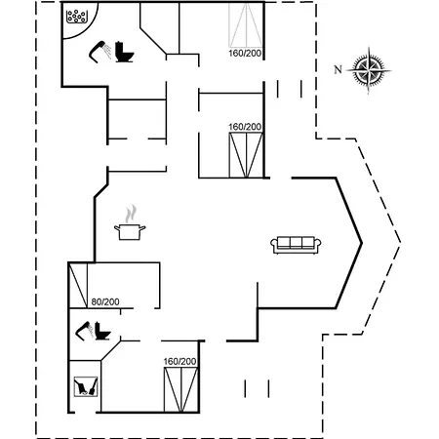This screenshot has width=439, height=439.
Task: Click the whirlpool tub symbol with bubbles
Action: tap(77, 17)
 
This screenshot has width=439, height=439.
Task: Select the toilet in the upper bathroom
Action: tap(124, 52)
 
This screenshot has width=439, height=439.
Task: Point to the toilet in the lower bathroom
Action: tap(102, 331)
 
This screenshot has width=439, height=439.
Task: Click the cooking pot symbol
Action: tap(130, 232)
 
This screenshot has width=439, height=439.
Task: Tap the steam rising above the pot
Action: tap(131, 214)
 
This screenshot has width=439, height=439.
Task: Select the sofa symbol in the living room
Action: tap(296, 245)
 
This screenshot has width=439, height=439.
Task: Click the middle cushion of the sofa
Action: tap(296, 243)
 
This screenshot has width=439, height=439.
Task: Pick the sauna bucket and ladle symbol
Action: tap(86, 386)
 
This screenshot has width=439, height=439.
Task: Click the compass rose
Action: tap(369, 70)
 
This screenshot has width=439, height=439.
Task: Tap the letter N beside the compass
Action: tap(339, 69)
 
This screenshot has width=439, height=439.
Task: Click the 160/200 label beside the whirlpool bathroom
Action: tap(245, 54)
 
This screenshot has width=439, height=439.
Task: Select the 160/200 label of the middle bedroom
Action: tap(245, 127)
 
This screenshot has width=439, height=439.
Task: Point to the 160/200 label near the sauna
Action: tap(180, 362)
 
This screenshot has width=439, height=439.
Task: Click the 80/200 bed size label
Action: tap(105, 302)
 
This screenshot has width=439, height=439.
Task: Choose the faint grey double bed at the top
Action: tap(246, 25)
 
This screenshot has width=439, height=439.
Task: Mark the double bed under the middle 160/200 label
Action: tap(246, 155)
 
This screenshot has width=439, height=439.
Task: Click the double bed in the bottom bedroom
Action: tap(180, 389)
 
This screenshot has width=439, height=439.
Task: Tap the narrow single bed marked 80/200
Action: tap(78, 285)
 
